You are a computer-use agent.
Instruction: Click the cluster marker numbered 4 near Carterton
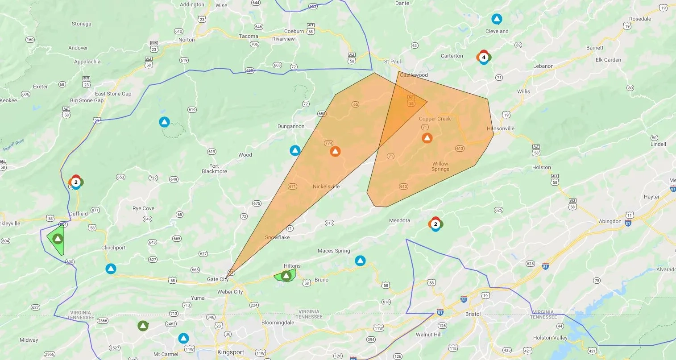click(484, 57)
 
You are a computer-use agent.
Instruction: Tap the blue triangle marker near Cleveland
click(497, 19)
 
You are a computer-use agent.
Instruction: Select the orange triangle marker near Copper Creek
click(427, 138)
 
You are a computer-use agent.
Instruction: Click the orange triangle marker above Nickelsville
click(335, 151)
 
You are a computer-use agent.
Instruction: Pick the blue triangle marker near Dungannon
click(295, 150)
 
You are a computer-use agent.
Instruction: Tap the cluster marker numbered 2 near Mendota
click(435, 224)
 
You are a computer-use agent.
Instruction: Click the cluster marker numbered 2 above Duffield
click(76, 182)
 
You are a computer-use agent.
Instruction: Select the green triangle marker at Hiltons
click(286, 275)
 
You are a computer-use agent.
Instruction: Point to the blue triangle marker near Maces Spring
click(360, 261)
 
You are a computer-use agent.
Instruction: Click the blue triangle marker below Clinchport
click(111, 269)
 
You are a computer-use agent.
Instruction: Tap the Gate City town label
click(217, 279)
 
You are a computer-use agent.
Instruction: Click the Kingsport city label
click(231, 352)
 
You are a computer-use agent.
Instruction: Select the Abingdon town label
click(610, 221)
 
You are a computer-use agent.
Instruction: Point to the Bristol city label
click(473, 314)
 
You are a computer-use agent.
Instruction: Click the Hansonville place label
click(501, 128)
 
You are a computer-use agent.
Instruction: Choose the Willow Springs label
click(440, 166)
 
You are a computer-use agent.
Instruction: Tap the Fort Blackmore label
click(214, 169)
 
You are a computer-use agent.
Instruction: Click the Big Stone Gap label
click(87, 100)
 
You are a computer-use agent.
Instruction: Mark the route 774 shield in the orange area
click(329, 143)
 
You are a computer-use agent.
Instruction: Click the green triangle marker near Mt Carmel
click(143, 326)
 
